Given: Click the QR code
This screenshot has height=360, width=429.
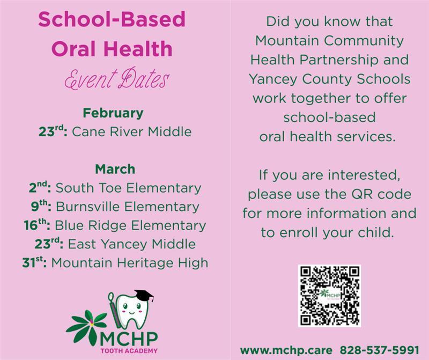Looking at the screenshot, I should click(x=329, y=296).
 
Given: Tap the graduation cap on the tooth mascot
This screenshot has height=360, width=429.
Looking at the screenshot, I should click(x=143, y=296).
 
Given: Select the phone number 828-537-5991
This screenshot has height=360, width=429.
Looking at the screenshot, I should click(x=379, y=349).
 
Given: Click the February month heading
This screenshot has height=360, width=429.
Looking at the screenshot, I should click(x=113, y=113).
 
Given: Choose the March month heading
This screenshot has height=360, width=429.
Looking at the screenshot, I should click(x=115, y=169).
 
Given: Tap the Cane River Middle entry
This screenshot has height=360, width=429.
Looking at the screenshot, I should click(x=131, y=131).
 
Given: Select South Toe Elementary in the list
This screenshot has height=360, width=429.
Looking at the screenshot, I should click(x=128, y=188).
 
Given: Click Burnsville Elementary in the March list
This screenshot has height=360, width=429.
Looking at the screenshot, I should click(x=127, y=207).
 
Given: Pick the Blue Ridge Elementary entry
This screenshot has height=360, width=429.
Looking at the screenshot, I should click(x=130, y=225).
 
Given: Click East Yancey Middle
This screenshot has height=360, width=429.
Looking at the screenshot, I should click(x=131, y=244).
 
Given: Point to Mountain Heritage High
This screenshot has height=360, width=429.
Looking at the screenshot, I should click(x=129, y=263).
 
